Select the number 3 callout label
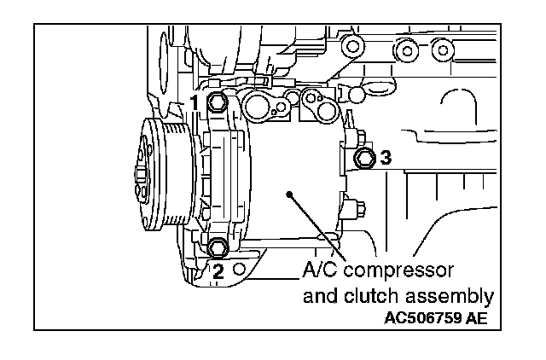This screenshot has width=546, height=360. (x=386, y=157)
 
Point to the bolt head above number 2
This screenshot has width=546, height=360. (x=217, y=249)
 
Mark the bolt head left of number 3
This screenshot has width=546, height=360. (x=365, y=157)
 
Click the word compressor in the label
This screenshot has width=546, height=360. (x=396, y=273)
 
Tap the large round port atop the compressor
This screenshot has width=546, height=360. (x=257, y=106)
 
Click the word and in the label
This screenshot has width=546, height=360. (x=321, y=296)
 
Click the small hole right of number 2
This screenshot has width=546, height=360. (x=241, y=270)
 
